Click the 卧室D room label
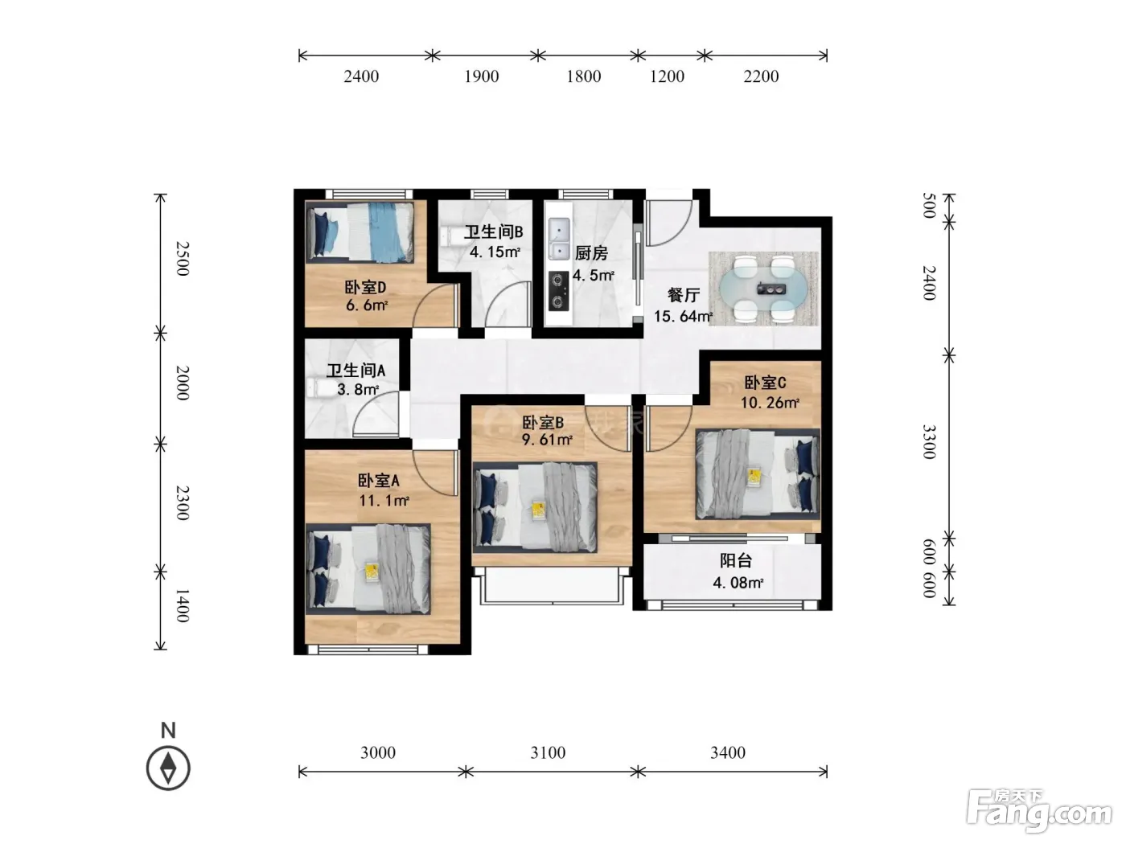[x=364, y=287]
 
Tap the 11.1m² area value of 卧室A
[x=384, y=500]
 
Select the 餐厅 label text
[x=684, y=295]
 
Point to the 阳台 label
[x=736, y=560]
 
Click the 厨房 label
[x=591, y=252]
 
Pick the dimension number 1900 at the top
[x=481, y=76]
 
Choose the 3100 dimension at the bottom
[x=548, y=753]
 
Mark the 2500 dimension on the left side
[x=183, y=259]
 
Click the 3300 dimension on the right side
[x=929, y=442]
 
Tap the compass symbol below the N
[x=168, y=768]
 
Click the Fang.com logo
[x=1039, y=811]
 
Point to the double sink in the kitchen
[x=559, y=238]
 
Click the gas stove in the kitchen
[x=559, y=291]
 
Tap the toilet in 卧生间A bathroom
[x=318, y=388]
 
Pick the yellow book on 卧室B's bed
[x=538, y=510]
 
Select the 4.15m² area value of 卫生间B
[x=495, y=252]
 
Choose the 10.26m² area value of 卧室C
[x=770, y=402]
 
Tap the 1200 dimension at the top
[x=667, y=76]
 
